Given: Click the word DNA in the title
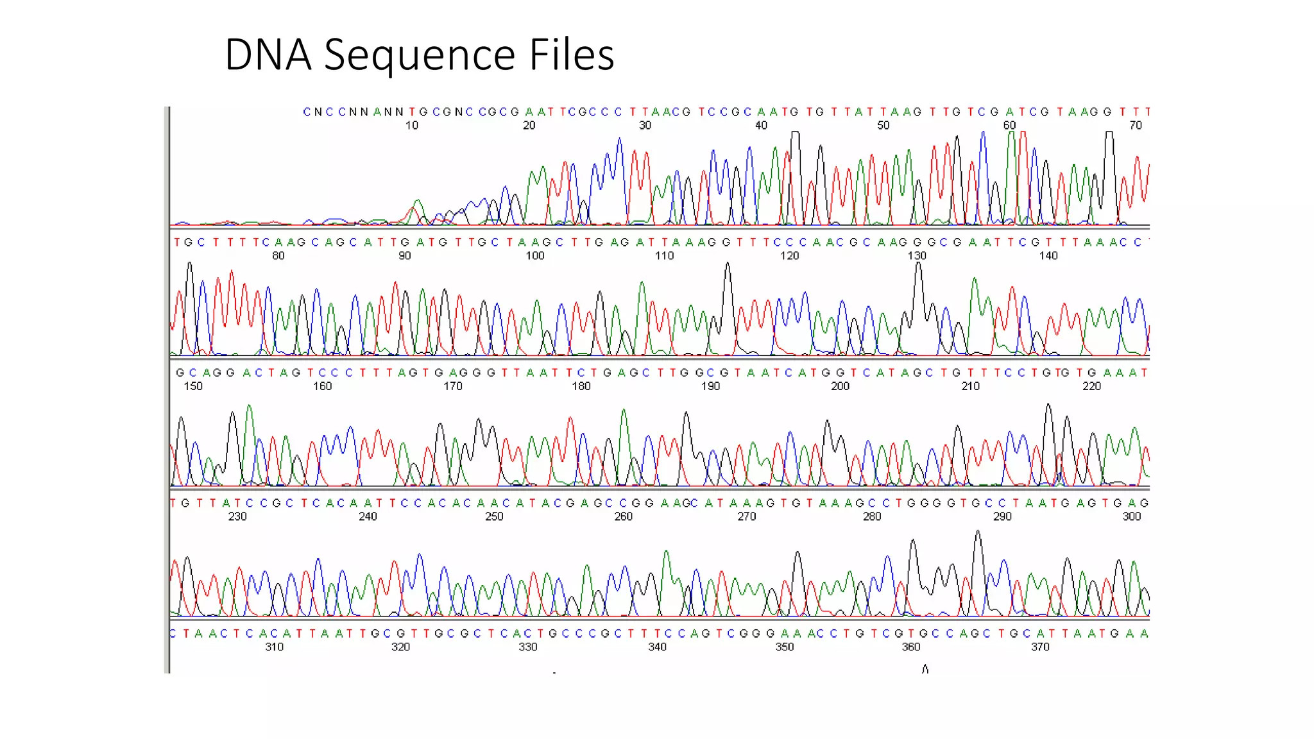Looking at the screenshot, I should tap(268, 55).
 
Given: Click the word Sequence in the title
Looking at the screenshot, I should tap(420, 56).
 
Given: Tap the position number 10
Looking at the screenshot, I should tap(411, 126).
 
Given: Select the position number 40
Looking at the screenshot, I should tap(761, 126).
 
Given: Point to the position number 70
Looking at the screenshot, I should tap(1136, 126).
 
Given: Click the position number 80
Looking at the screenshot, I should tap(278, 256).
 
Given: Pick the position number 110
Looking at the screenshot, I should tap(664, 256).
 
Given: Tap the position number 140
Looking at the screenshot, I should tap(1048, 256).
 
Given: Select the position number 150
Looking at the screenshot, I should tap(193, 386).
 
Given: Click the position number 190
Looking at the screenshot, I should tap(710, 386).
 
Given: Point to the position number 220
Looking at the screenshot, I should tap(1091, 386).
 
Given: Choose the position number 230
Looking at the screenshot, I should tap(237, 516).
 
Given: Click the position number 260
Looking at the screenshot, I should tap(623, 516).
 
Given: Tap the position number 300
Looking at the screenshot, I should tap(1132, 516).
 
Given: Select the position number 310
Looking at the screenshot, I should tap(274, 647).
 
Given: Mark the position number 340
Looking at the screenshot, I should tap(657, 647).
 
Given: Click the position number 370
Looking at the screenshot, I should tap(1040, 647).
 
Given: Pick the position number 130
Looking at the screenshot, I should tap(917, 256).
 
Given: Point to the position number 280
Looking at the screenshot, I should tap(872, 516).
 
